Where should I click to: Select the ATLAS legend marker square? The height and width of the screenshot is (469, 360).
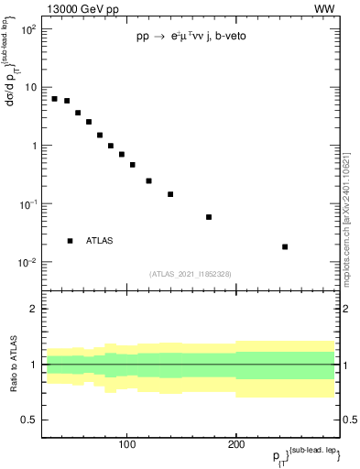pos(70,241)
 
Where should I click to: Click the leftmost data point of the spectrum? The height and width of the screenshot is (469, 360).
pos(55,99)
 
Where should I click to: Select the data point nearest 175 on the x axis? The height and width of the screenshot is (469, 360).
pos(209,217)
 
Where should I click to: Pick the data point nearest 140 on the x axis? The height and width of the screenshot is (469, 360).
pos(170,194)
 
